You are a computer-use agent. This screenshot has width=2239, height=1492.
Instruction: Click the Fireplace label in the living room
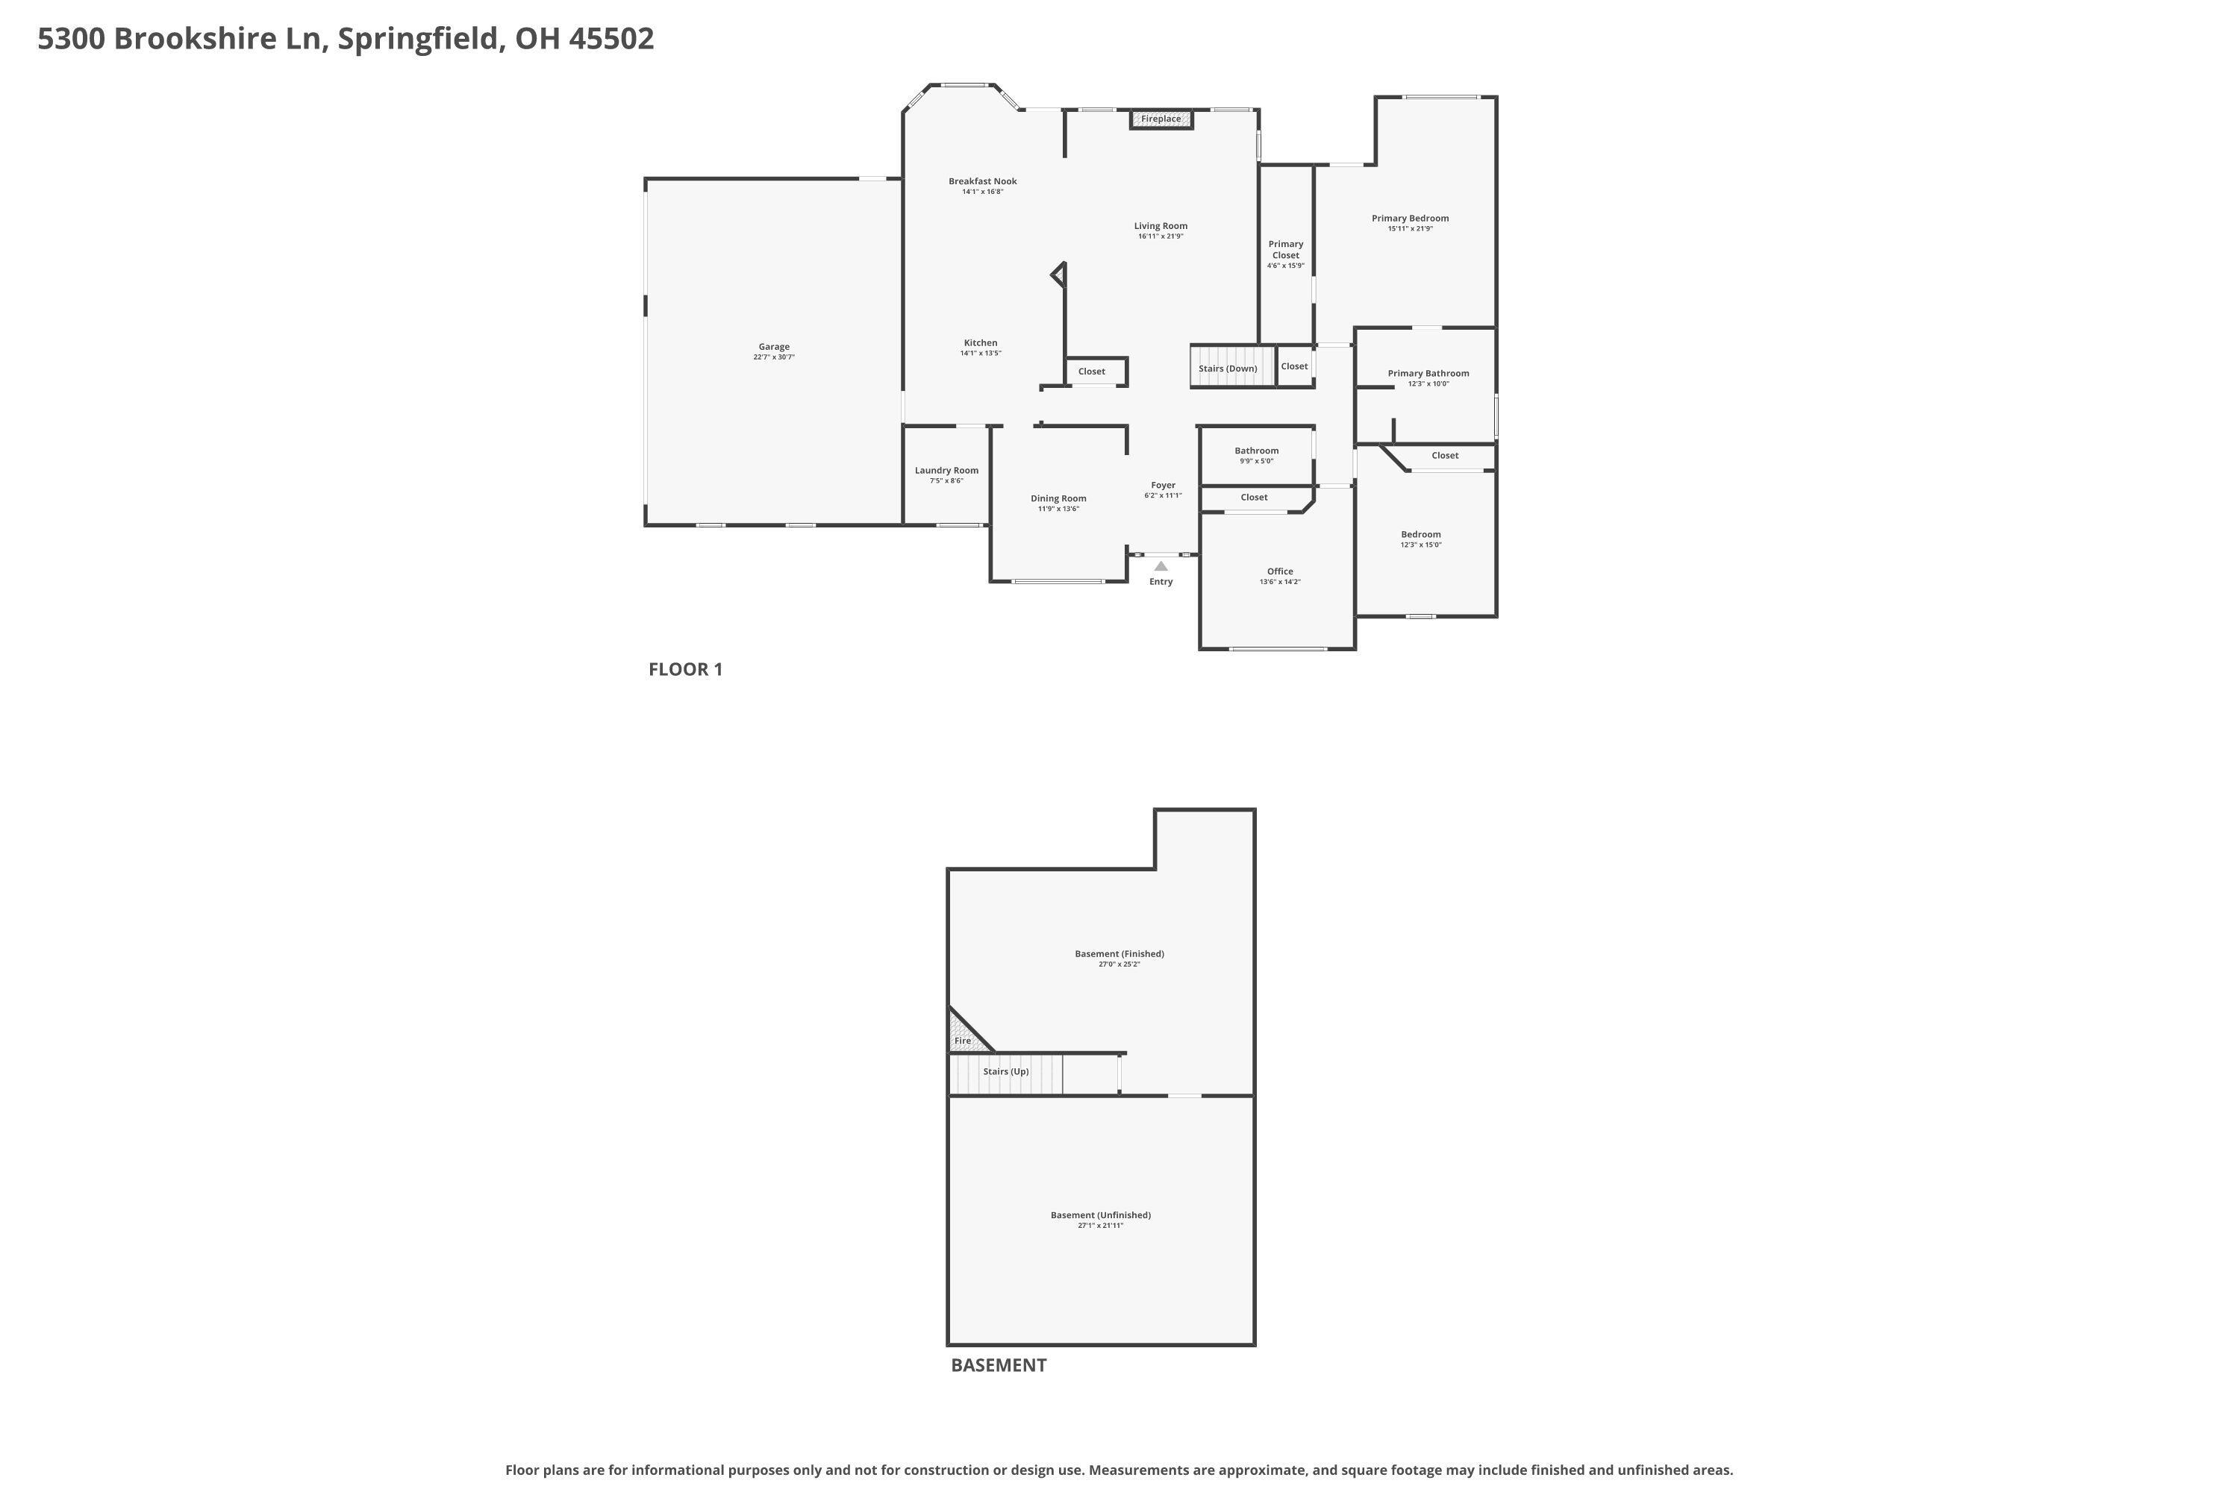coord(1161,119)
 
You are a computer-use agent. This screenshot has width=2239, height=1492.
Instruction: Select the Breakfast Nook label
coord(982,181)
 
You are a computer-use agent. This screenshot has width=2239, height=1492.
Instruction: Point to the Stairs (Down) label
coord(1227,369)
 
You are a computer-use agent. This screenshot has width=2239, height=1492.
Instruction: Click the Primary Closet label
coord(1285,249)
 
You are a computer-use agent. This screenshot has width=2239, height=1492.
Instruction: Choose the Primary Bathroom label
coord(1428,373)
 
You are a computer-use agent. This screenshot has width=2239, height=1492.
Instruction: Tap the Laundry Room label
coord(946,470)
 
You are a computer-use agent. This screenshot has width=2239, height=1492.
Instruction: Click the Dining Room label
coord(1058,498)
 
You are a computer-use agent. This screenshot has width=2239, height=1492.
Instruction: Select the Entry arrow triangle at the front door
coord(1161,566)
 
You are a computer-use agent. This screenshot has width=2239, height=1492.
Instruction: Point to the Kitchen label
coord(981,342)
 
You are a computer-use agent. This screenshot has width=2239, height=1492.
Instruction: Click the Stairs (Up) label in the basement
coord(1005,1071)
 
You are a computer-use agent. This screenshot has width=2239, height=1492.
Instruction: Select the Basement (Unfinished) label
coord(1100,1215)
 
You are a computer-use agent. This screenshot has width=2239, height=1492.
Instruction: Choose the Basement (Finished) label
coord(1119,953)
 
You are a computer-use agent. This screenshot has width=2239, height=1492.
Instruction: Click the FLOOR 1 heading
coord(685,669)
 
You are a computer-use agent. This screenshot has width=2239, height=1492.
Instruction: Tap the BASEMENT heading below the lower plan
coord(999,1364)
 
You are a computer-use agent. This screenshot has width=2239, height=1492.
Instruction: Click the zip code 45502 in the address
coord(611,38)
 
